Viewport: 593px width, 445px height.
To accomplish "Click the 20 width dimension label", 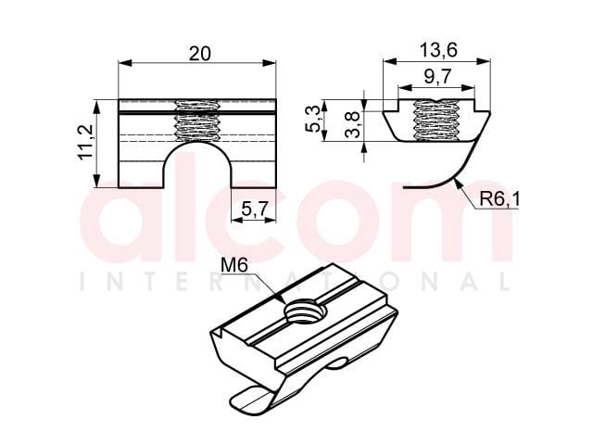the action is click(x=200, y=54).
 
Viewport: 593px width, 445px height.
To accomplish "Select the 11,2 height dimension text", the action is click(x=86, y=142).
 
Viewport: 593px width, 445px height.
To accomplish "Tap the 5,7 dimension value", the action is click(x=255, y=209).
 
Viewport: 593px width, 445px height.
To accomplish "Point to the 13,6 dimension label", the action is click(x=438, y=50).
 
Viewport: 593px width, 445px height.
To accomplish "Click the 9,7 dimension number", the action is click(x=437, y=77).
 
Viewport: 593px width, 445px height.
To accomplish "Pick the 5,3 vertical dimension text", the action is click(x=314, y=119).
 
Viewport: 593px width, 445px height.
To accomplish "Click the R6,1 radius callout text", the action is click(x=499, y=199).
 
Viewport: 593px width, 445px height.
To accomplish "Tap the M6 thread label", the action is click(x=234, y=265).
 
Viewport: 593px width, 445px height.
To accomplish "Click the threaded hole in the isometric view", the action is click(x=306, y=311).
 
